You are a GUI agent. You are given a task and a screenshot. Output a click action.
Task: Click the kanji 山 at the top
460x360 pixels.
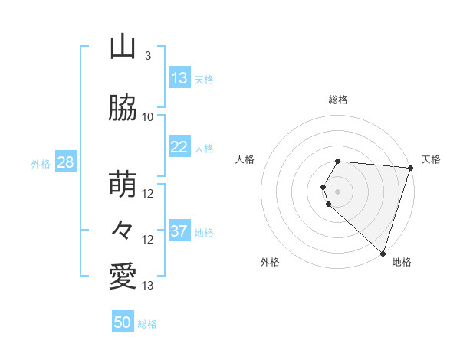tap(123, 48)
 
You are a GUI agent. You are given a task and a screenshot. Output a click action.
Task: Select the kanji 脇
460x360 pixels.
tap(123, 109)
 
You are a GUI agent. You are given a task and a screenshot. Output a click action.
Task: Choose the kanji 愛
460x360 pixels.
tap(123, 277)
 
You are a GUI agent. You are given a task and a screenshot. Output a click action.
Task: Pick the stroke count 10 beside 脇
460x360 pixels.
tap(148, 116)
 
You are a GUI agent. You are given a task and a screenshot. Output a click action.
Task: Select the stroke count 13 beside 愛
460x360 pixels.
tap(148, 286)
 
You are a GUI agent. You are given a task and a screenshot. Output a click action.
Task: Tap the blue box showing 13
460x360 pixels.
tap(179, 78)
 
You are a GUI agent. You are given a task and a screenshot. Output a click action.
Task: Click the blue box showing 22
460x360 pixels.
tap(179, 147)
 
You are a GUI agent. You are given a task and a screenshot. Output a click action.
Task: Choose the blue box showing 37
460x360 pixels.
tap(179, 231)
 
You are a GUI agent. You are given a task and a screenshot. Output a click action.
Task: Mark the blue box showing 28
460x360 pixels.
tap(64, 162)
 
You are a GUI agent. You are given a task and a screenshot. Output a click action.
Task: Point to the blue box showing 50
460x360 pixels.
tap(123, 322)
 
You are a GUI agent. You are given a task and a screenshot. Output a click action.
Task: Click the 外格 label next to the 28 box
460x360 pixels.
tap(41, 163)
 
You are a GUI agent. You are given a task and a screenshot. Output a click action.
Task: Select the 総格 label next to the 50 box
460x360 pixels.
tap(147, 324)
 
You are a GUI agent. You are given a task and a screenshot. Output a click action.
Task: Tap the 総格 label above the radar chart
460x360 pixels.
tap(338, 100)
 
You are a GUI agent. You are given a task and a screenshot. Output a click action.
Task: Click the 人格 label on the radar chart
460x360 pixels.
tap(245, 159)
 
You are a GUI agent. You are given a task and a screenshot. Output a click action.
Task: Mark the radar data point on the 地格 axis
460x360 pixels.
tap(383, 253)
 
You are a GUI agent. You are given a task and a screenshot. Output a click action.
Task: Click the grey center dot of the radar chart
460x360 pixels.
tap(338, 191)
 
